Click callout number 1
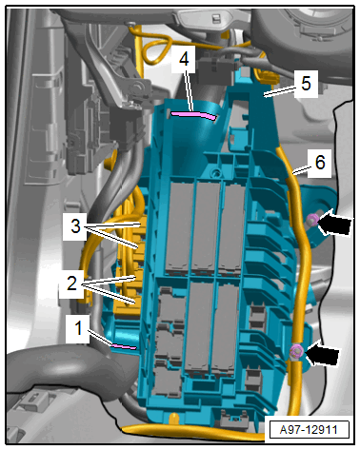[x=78, y=327]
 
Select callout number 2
[x=71, y=283]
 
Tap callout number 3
[x=75, y=226]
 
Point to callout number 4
[x=184, y=59]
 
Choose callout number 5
[x=306, y=84]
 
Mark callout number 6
[x=320, y=163]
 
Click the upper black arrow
[x=334, y=222]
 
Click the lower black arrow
[x=321, y=354]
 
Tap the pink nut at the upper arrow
[x=311, y=219]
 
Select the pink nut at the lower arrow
[x=296, y=351]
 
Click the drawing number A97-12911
[x=309, y=430]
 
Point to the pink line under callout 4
[x=193, y=115]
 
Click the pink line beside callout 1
[x=124, y=346]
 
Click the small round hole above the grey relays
[x=217, y=172]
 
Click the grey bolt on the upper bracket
[x=138, y=86]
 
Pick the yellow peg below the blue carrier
[x=173, y=417]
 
